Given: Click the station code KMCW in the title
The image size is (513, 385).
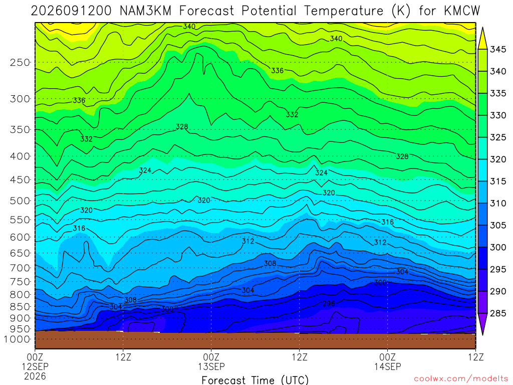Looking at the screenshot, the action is [462, 11].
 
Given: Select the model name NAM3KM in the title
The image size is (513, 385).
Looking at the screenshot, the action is [146, 11].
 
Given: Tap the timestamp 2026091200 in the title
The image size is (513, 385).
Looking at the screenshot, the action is [71, 11].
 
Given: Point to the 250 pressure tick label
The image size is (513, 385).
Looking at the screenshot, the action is [20, 62].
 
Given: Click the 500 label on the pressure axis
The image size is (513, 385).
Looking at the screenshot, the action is [20, 201].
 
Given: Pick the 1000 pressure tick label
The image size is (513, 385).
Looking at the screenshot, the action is [17, 339].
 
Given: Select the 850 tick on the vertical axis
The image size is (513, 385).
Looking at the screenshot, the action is [20, 307].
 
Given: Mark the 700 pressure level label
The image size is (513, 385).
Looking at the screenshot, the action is [20, 268].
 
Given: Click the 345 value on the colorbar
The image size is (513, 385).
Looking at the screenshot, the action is [498, 50].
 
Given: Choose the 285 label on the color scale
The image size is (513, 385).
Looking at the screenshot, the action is [498, 313].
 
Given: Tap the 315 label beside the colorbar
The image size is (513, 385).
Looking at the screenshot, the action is [498, 181].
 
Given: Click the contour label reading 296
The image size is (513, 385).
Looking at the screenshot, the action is [329, 303].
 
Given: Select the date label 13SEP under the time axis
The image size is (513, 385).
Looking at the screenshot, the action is [211, 366].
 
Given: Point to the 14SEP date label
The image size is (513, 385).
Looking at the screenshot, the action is [388, 366].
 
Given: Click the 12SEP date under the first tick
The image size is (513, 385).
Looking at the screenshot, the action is [35, 366].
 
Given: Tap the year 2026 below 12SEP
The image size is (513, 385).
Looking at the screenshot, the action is [35, 376].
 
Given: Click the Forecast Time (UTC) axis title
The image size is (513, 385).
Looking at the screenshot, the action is [255, 380].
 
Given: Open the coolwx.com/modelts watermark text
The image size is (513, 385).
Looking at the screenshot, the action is [461, 379].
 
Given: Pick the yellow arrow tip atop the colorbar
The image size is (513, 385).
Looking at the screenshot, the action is [482, 29].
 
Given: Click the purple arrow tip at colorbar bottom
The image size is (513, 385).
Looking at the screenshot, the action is [482, 334].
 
